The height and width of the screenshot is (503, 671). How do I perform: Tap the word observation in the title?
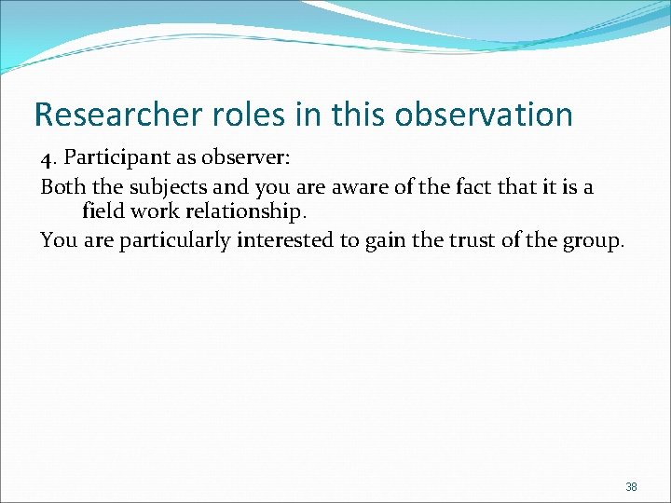click(484, 115)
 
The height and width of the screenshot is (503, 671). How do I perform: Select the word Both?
click(61, 186)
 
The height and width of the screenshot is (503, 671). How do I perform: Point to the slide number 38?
click(631, 487)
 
